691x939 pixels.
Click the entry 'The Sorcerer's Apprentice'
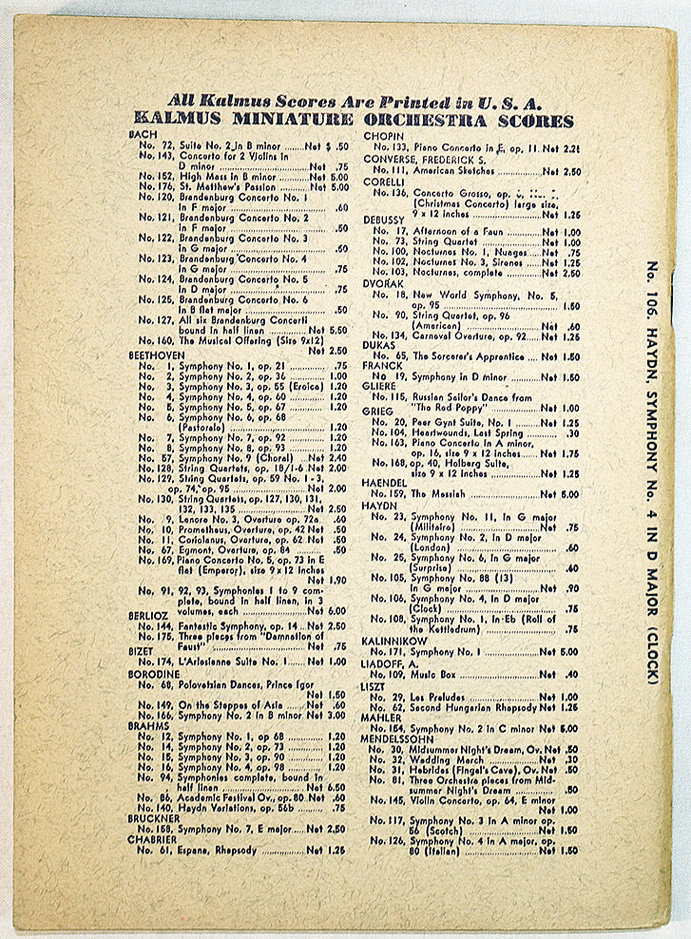tap(467, 357)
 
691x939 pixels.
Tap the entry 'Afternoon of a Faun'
tap(458, 232)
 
